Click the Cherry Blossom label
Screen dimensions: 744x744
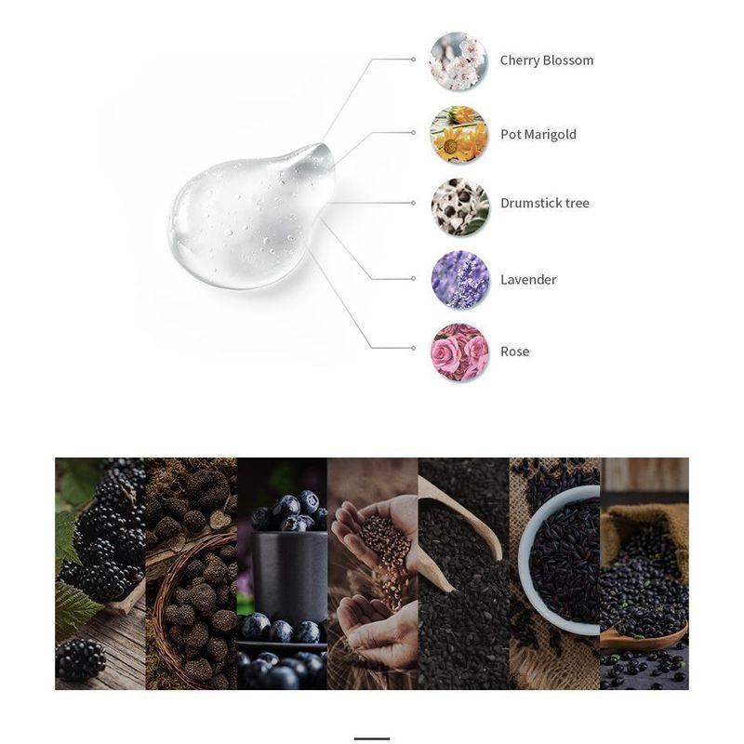click(546, 60)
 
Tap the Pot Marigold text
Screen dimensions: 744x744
click(538, 134)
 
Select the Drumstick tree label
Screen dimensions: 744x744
click(544, 203)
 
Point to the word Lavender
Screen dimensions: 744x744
click(528, 279)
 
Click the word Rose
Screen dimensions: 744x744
click(514, 351)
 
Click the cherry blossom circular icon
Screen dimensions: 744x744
click(459, 60)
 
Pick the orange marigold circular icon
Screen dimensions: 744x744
click(459, 134)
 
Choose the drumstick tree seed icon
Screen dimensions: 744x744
click(459, 206)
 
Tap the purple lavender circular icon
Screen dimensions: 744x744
click(459, 279)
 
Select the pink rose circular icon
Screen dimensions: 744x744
click(459, 352)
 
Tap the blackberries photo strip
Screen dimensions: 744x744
click(100, 573)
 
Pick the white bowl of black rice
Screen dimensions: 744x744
click(558, 558)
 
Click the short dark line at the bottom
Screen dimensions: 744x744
click(371, 738)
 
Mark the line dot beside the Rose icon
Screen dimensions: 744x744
click(413, 348)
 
